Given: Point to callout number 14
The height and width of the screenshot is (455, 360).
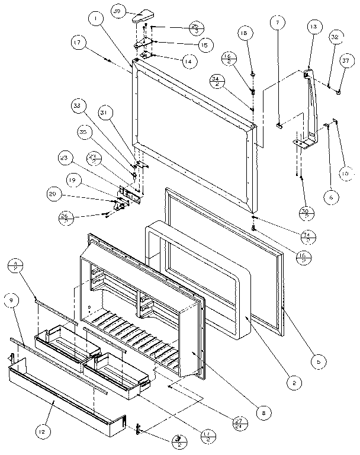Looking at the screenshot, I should (187, 60).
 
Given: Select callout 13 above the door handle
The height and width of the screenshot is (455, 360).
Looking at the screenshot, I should (314, 27).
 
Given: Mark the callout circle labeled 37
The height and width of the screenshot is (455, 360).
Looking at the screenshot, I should (345, 62).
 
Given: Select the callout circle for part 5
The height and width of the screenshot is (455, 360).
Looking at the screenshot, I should (319, 360).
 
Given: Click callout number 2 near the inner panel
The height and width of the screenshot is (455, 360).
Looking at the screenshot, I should (290, 383).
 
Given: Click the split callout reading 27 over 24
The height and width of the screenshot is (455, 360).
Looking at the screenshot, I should (240, 422).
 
